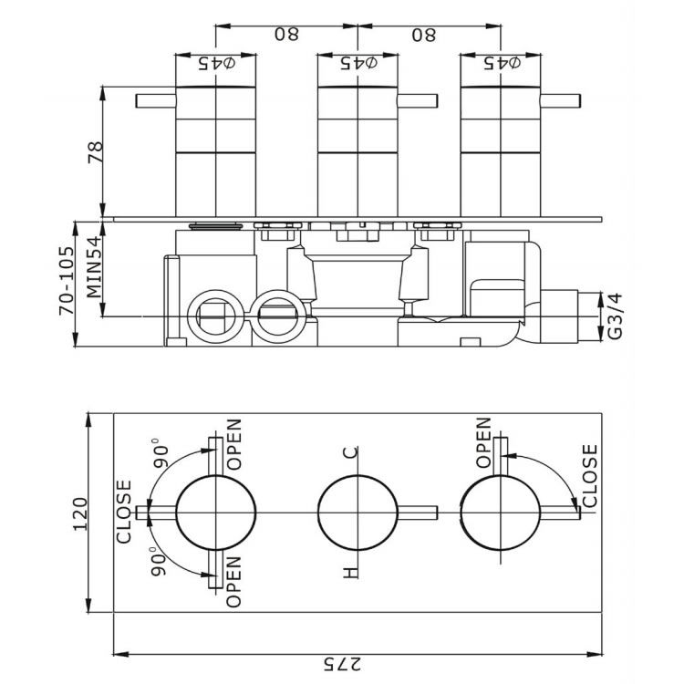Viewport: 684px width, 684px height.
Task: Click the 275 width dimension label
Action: coord(342,664)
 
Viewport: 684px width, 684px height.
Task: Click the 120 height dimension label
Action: coord(80,513)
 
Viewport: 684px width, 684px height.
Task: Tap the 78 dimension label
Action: coord(96,151)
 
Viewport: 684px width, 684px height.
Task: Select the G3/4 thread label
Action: coord(615,316)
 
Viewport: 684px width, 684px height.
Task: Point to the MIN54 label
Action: coord(94,267)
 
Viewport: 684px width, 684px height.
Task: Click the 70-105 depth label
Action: coord(67,281)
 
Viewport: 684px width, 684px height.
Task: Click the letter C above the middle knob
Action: coord(351,452)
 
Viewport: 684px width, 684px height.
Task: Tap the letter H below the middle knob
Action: coord(350,573)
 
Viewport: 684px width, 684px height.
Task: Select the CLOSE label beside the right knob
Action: coord(589,476)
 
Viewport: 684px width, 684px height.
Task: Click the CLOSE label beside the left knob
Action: coord(124,512)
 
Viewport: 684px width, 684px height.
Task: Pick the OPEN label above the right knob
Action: coord(483,442)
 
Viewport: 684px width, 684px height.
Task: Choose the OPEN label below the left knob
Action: coord(233,582)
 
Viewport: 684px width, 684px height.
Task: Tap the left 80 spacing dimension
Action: coord(286,34)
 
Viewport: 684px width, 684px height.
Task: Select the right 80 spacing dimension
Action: coord(423,35)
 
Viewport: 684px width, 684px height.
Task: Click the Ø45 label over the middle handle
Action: coord(359,63)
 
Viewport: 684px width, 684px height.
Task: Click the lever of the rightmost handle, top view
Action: coord(561,100)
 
